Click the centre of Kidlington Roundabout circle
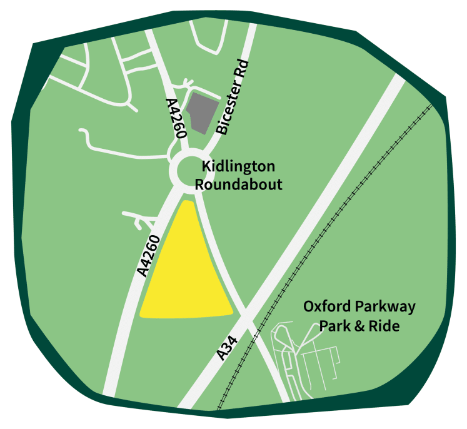(x=191, y=169)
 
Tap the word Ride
(x=385, y=326)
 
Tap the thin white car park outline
(x=313, y=369)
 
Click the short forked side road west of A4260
(x=141, y=219)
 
